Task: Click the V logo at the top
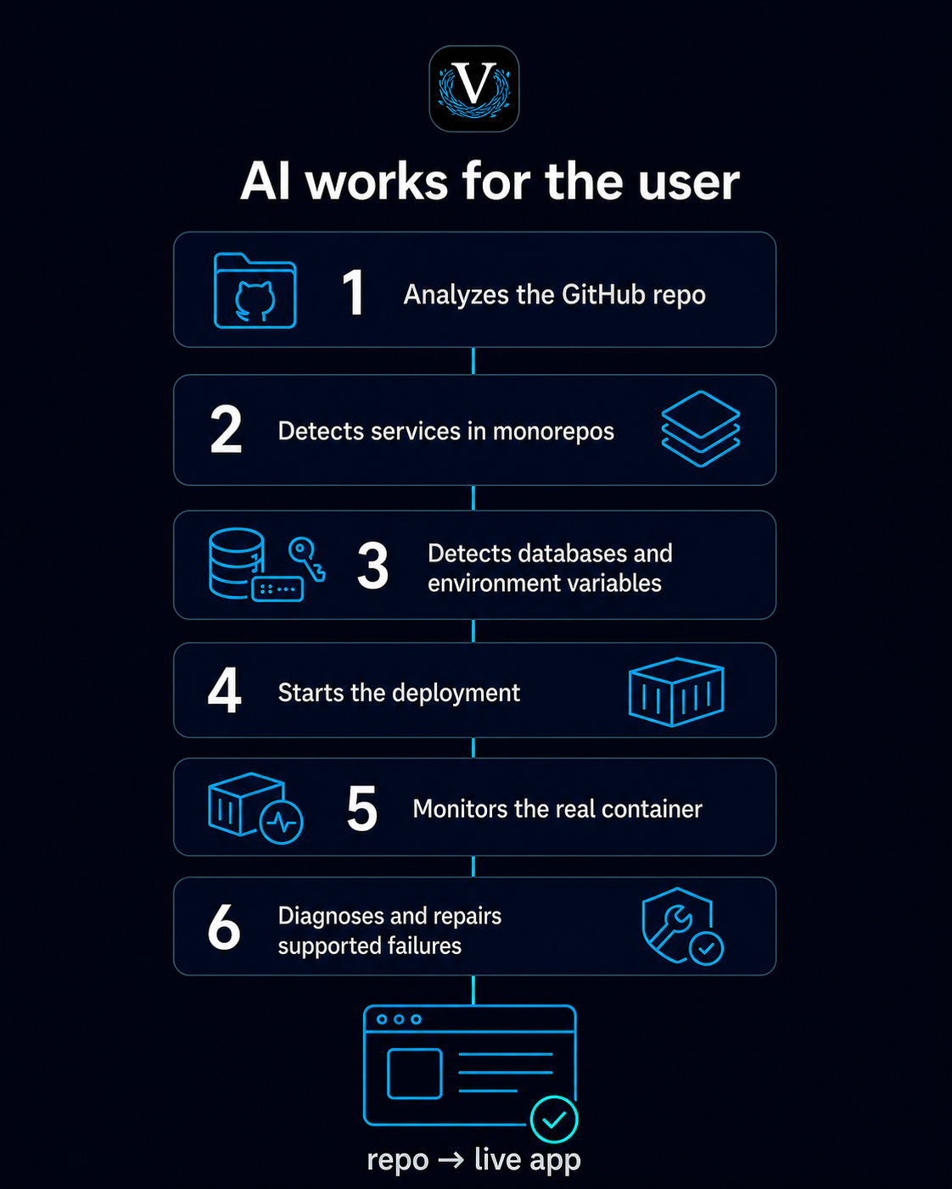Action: pyautogui.click(x=473, y=88)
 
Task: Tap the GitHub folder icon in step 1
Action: pyautogui.click(x=255, y=291)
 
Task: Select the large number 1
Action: pyautogui.click(x=353, y=293)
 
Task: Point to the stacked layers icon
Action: pyautogui.click(x=701, y=429)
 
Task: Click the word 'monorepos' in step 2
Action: pyautogui.click(x=553, y=432)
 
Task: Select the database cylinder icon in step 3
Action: pyautogui.click(x=237, y=563)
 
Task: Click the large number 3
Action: pyautogui.click(x=372, y=565)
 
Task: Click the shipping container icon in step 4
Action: pyautogui.click(x=676, y=692)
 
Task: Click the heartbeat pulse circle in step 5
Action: pyautogui.click(x=281, y=822)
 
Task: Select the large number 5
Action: pyautogui.click(x=362, y=808)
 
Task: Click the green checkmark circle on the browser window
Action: pyautogui.click(x=554, y=1119)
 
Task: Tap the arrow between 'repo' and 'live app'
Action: pyautogui.click(x=451, y=1160)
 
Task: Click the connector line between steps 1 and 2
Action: pyautogui.click(x=473, y=360)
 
